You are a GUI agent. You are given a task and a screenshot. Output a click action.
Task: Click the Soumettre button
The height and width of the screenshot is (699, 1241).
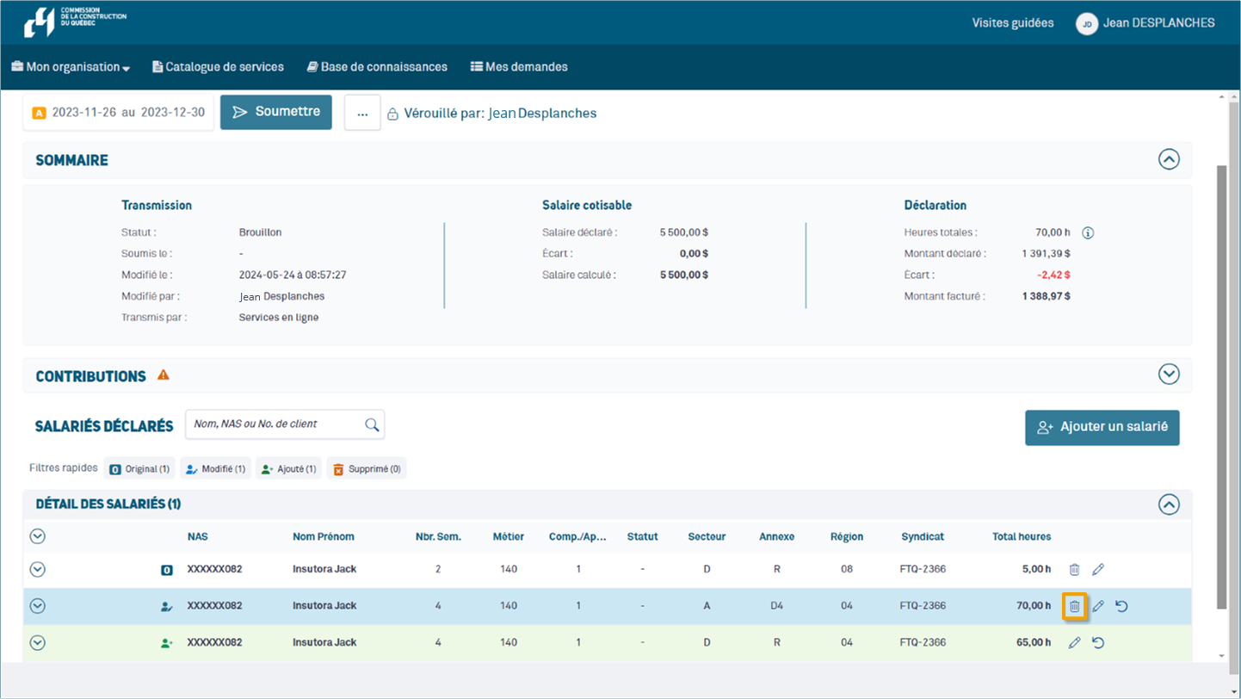pos(275,112)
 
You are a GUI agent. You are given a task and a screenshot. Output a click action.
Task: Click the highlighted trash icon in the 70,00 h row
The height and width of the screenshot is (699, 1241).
pos(1074,606)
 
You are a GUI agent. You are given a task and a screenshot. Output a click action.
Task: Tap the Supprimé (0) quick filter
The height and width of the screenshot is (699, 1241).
pos(366,469)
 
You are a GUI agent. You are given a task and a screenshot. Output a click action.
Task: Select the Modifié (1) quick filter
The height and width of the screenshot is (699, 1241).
pos(215,469)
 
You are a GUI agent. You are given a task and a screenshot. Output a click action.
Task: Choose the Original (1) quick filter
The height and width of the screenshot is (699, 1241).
pos(139,469)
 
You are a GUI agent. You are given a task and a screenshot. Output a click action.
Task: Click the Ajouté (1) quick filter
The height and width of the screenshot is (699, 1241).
pos(288,469)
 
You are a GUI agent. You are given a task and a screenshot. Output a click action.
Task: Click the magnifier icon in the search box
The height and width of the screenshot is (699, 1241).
pos(372,424)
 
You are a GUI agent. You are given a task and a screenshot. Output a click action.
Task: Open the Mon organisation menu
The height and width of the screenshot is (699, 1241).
pos(71,67)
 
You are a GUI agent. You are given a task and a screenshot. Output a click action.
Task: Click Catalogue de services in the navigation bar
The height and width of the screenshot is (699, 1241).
pos(218,67)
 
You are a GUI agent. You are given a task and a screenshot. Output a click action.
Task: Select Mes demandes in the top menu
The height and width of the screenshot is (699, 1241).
pos(519,67)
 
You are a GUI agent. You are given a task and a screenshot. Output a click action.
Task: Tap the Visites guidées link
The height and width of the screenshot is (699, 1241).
pos(1013,23)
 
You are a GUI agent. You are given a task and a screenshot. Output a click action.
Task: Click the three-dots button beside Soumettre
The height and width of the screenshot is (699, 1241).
pos(362,113)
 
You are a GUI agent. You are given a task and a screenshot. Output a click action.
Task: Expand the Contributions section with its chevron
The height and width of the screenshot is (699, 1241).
pos(1168,374)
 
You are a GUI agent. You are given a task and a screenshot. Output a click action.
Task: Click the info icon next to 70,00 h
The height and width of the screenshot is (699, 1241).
pos(1088,232)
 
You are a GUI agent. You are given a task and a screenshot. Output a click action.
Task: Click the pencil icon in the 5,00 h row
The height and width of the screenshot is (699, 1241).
pos(1098,570)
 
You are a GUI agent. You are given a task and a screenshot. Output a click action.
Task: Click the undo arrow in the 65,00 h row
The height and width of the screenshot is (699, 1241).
pos(1098,642)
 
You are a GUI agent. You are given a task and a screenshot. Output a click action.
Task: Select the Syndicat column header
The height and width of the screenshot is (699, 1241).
pos(922,536)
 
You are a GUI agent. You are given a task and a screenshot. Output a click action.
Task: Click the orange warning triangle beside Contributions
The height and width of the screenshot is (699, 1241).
pos(164,375)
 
